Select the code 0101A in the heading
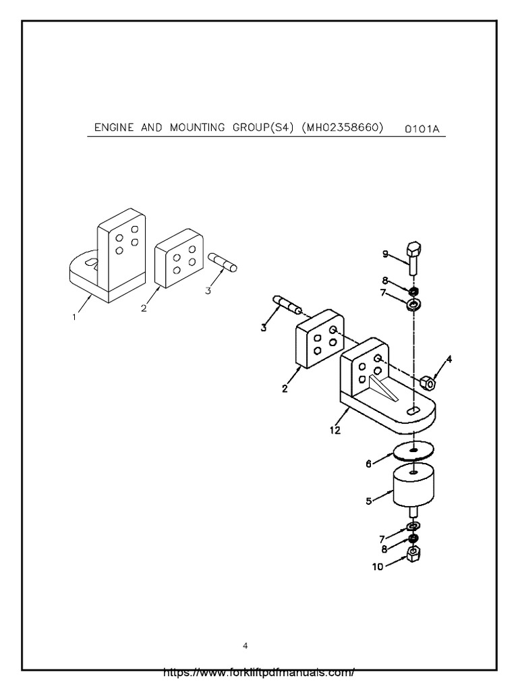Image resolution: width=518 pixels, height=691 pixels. [x=422, y=129]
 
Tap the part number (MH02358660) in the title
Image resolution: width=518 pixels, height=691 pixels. [x=343, y=128]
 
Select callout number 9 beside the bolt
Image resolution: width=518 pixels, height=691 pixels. [x=385, y=254]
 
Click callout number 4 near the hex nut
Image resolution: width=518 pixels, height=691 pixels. [x=449, y=360]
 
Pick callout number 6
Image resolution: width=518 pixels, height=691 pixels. [x=369, y=464]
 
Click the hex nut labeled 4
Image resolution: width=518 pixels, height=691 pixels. [x=426, y=383]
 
